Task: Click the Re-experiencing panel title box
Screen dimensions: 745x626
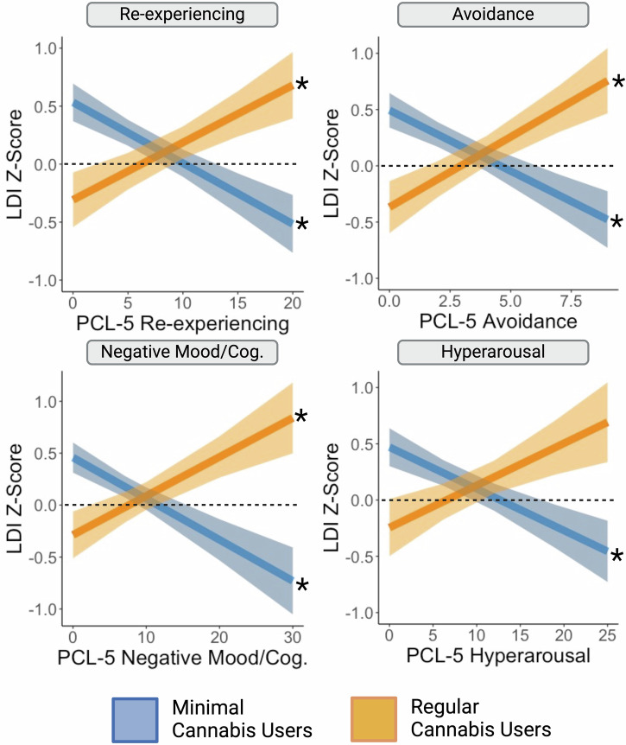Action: [x=182, y=15]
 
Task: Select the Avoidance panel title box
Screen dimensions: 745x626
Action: [x=493, y=15]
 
